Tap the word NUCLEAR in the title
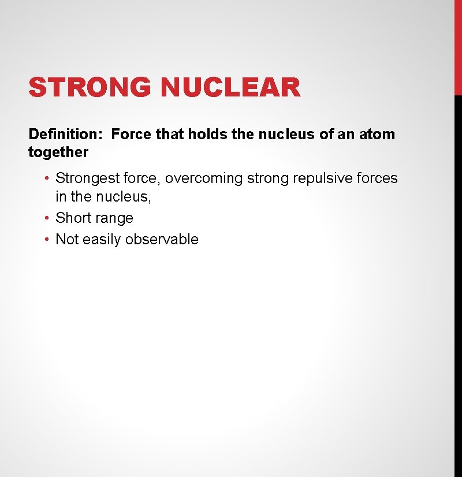(x=230, y=88)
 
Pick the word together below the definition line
(x=58, y=152)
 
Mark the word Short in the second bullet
(x=72, y=218)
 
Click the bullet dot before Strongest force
(x=48, y=178)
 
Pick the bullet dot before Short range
(x=48, y=218)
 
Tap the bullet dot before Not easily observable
(x=48, y=240)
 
